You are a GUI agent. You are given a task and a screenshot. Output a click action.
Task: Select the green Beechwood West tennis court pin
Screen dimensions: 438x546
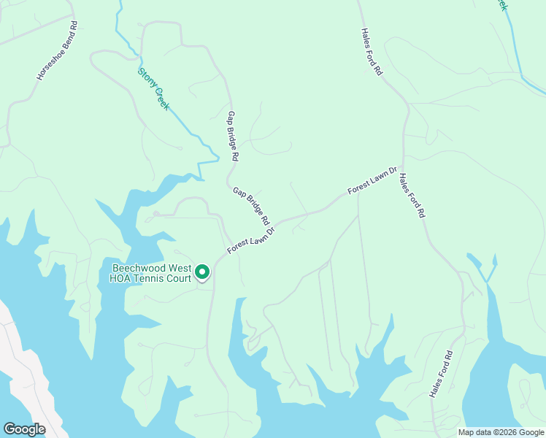(201, 272)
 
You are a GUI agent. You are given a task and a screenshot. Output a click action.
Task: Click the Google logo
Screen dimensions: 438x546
(24, 429)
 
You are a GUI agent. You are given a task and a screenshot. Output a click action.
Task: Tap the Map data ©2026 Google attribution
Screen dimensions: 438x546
(501, 432)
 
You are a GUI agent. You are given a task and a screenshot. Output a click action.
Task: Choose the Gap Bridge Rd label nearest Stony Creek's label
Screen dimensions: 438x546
(233, 137)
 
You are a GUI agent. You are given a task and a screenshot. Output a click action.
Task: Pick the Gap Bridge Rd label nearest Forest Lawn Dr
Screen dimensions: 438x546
(252, 206)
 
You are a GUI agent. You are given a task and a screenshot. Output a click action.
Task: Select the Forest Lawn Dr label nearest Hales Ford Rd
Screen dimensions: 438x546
(372, 180)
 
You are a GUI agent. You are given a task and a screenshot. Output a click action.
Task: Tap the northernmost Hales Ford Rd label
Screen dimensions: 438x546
(372, 52)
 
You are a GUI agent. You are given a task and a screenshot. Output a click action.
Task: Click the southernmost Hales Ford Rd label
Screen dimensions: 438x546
(442, 374)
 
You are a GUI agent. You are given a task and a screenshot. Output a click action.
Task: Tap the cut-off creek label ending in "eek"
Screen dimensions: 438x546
(501, 5)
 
